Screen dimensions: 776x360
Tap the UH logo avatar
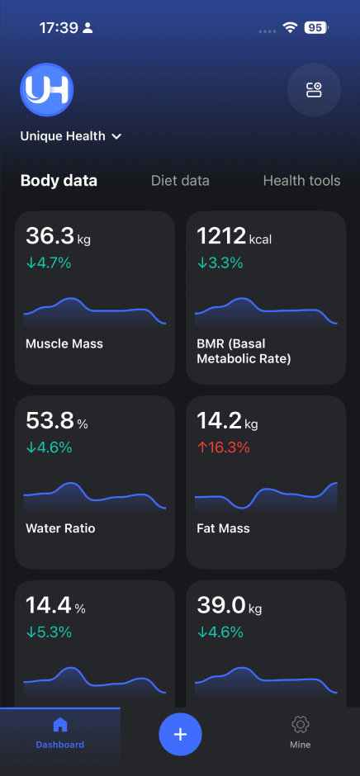(47, 90)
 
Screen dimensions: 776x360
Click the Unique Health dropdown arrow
(116, 136)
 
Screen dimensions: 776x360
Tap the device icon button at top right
(314, 90)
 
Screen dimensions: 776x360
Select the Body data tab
(59, 181)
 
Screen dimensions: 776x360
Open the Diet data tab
(180, 181)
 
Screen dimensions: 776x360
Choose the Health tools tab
(301, 181)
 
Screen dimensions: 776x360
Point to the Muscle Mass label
(64, 343)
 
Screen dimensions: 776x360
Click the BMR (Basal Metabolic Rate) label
(244, 351)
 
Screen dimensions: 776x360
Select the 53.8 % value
(56, 422)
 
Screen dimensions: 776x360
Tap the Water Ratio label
(60, 528)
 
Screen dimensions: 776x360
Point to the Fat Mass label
(223, 528)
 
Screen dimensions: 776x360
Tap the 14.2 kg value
(227, 422)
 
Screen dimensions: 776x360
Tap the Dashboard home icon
(59, 725)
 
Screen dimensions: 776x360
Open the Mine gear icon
(300, 725)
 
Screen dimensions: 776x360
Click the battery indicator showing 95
(315, 27)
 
